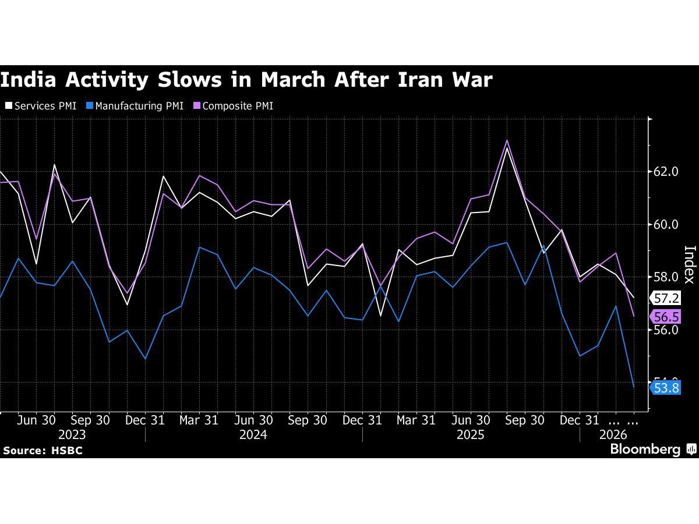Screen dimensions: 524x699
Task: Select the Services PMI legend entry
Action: coord(40,106)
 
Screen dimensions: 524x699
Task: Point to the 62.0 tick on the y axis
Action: coord(666,172)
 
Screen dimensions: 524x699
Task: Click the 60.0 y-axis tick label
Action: coord(666,224)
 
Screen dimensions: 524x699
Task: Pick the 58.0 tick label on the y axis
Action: coord(666,277)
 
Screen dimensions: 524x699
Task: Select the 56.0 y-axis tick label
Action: coord(666,330)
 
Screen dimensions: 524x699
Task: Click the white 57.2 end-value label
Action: coord(666,299)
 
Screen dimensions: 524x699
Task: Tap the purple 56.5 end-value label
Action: coord(666,317)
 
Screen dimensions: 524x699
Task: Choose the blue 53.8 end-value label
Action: coord(666,388)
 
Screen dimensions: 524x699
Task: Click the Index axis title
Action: coord(689,264)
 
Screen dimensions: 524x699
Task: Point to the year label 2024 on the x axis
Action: coord(253,435)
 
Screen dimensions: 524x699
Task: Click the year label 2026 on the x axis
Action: coord(613,435)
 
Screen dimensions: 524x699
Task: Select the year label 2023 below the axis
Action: coord(72,435)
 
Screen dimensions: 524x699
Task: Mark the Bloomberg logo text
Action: coord(645,449)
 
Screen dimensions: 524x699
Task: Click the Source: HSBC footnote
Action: coord(43,451)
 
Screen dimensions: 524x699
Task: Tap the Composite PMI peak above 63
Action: coord(507,140)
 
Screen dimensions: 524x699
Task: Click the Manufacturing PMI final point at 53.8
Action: coord(634,387)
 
